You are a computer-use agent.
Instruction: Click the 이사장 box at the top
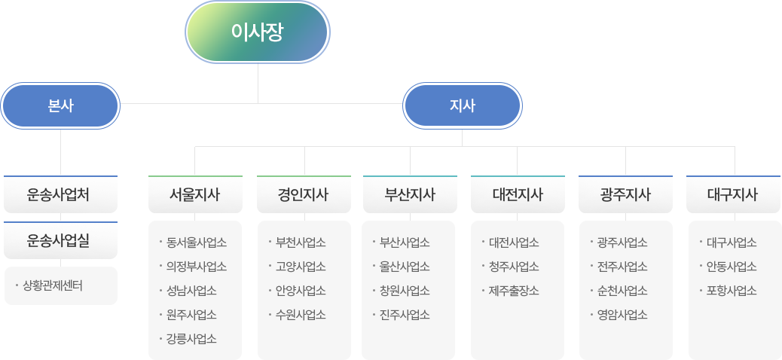[x=258, y=32]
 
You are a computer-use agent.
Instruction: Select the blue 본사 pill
[x=60, y=106]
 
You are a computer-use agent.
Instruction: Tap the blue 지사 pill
[x=463, y=106]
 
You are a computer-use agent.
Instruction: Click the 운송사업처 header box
[x=60, y=195]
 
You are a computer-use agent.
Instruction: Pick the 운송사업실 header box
[x=60, y=240]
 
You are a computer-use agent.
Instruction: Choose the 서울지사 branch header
[x=195, y=195]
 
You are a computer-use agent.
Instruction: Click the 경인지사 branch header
[x=304, y=195]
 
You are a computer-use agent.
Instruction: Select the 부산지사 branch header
[x=410, y=195]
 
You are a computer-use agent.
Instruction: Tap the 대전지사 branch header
[x=518, y=195]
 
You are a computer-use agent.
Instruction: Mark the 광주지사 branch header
[x=625, y=195]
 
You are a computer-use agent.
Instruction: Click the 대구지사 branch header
[x=733, y=195]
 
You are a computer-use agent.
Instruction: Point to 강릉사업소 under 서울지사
[x=191, y=339]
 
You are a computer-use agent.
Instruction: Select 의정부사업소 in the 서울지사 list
[x=197, y=267]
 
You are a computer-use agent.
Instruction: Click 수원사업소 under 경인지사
[x=301, y=315]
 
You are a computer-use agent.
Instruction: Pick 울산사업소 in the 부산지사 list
[x=405, y=267]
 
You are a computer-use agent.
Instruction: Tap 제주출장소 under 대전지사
[x=514, y=291]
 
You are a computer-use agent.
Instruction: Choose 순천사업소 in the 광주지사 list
[x=622, y=291]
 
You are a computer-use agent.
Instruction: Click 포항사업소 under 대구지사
[x=732, y=291]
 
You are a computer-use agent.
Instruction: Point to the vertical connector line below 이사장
[x=258, y=83]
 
